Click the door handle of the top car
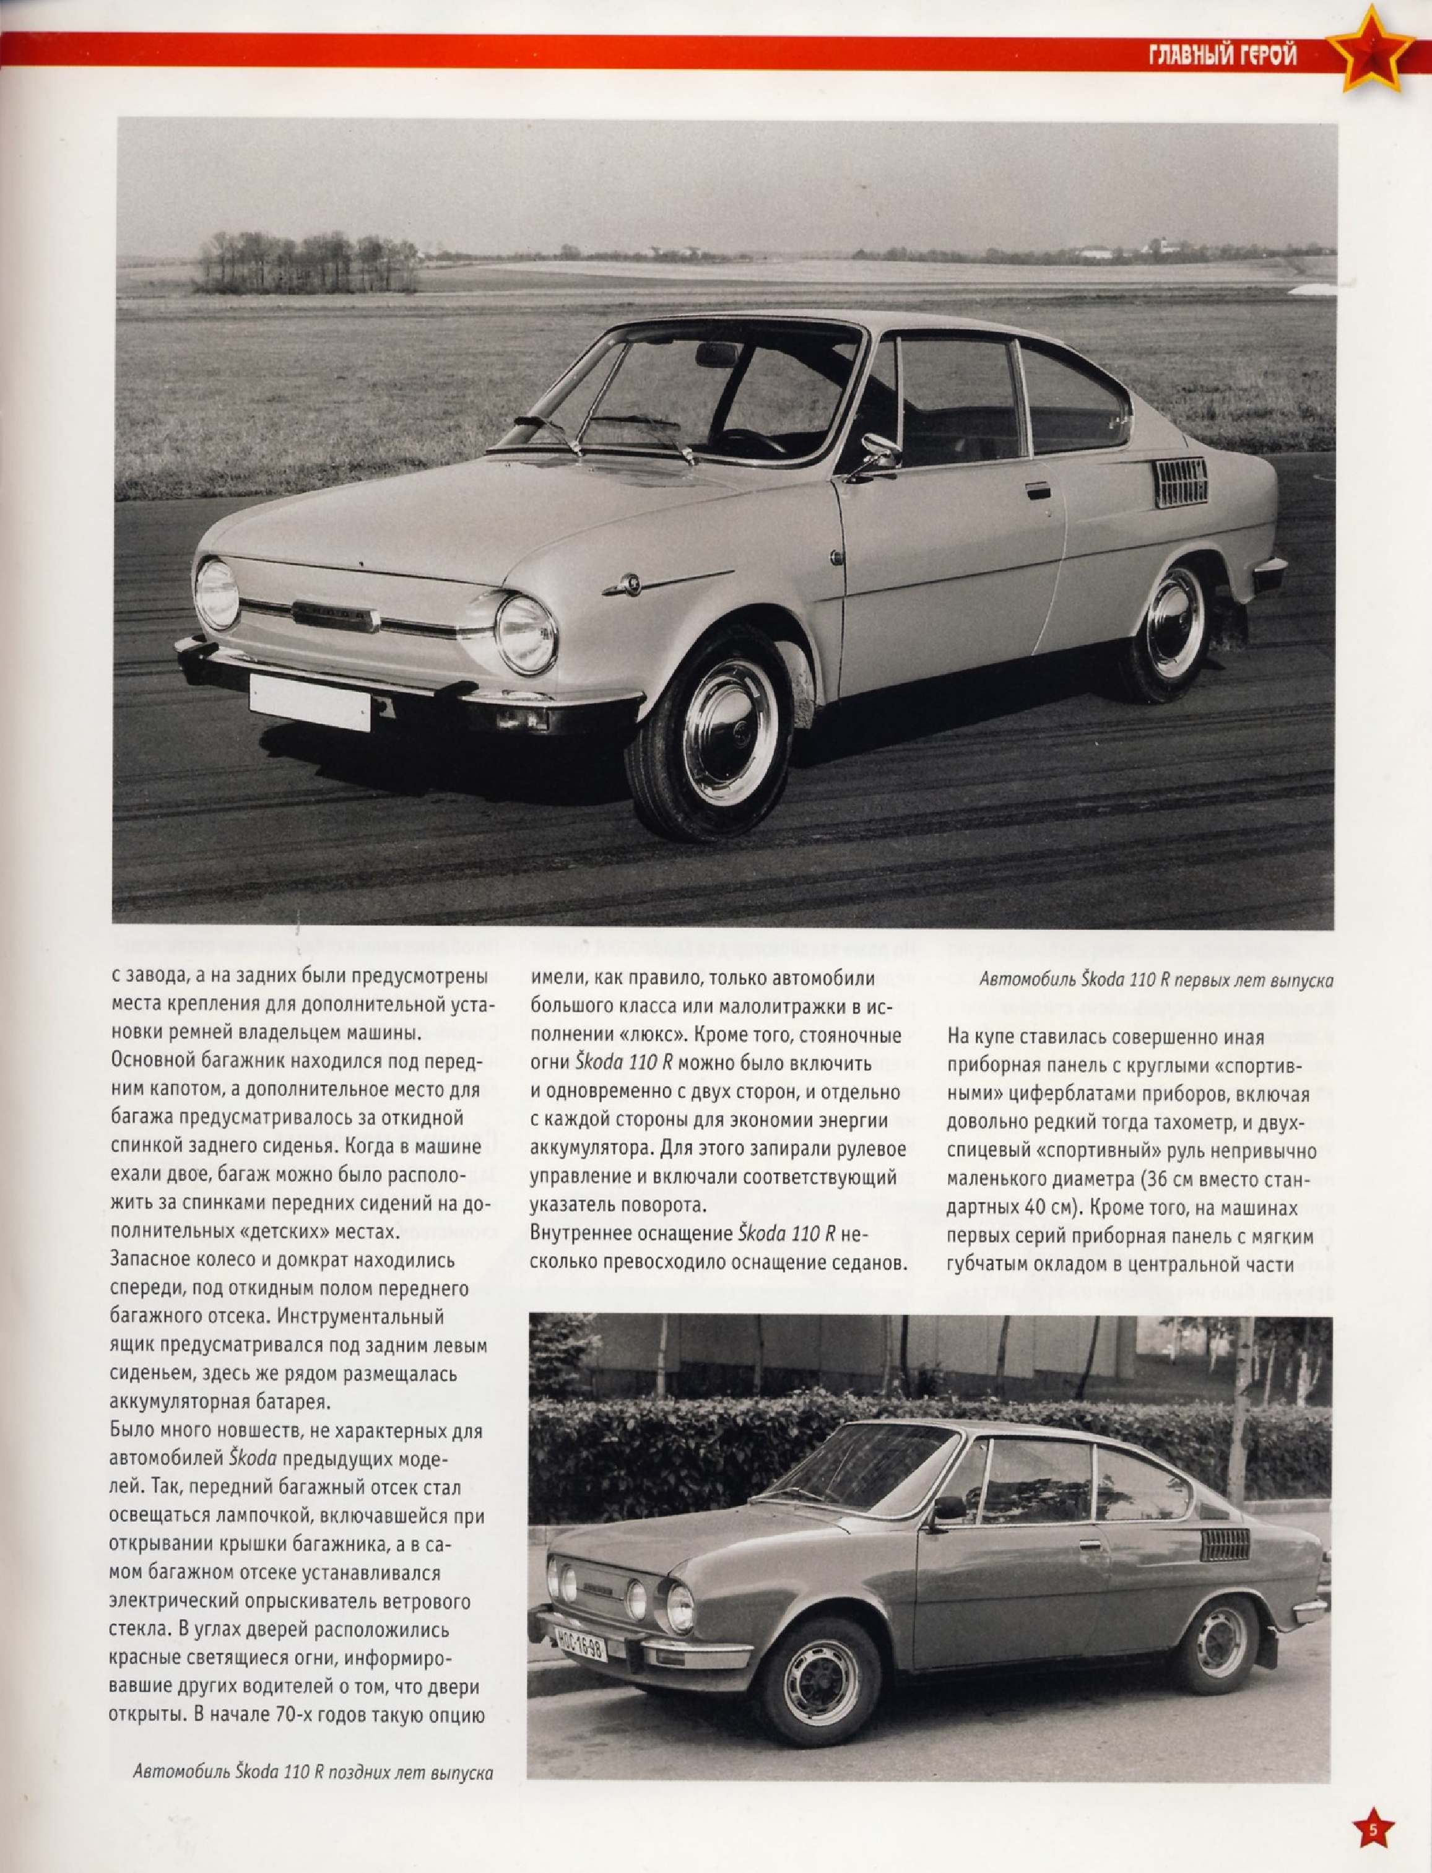1038,490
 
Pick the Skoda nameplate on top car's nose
335,615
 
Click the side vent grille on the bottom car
1224,1545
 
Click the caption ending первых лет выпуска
1155,980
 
